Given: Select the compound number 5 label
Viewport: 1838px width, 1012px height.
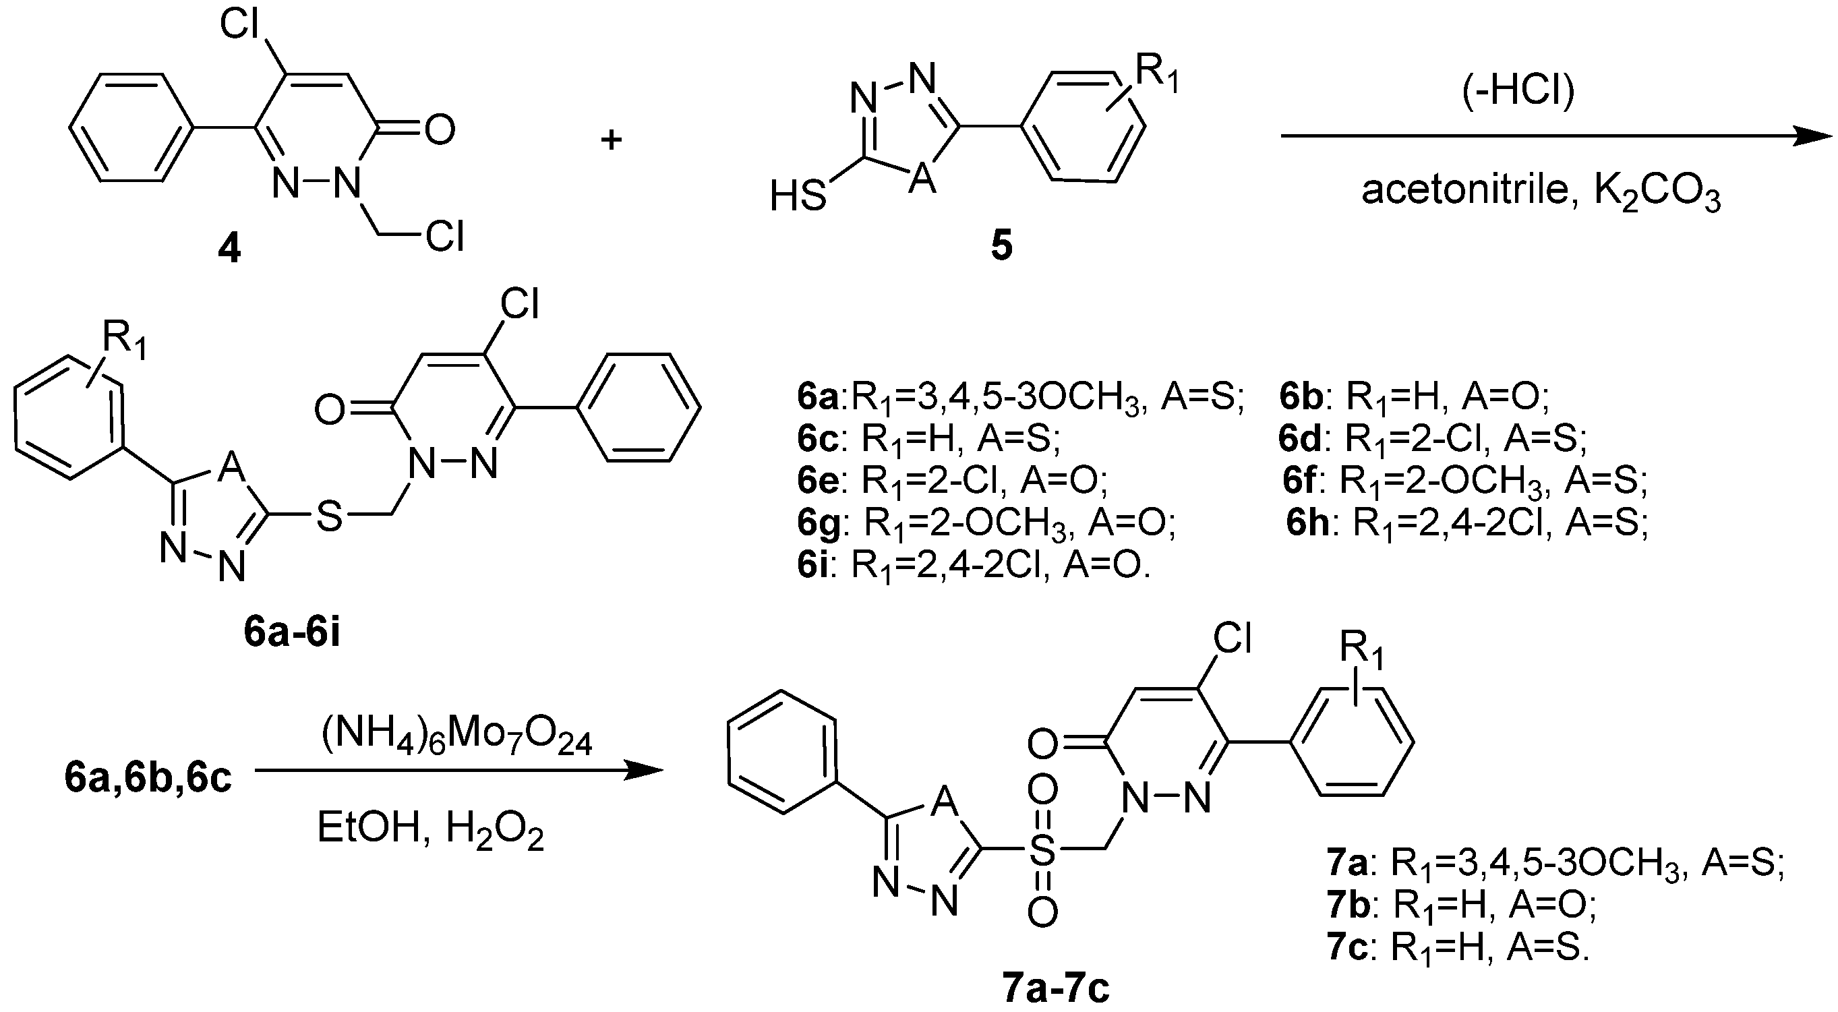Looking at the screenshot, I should [x=1001, y=245].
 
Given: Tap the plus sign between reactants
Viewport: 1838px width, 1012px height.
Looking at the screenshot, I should [x=611, y=139].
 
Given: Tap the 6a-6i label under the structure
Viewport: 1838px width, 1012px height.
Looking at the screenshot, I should [x=292, y=632].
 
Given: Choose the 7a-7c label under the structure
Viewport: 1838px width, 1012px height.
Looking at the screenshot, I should [x=1055, y=989].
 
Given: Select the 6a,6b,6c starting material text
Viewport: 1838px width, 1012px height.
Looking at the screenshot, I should [x=148, y=778].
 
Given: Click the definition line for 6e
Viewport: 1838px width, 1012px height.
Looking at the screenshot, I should [x=953, y=483].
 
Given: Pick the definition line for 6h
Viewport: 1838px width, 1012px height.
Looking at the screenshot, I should [x=1467, y=525].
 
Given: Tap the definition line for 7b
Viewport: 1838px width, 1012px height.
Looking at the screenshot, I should [x=1462, y=905].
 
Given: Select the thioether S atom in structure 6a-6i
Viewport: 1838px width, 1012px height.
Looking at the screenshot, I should [x=329, y=515].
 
